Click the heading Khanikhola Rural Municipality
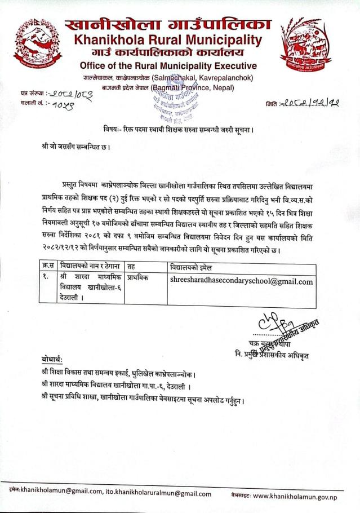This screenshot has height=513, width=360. point(165,40)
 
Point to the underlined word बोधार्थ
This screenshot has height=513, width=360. point(52,359)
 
